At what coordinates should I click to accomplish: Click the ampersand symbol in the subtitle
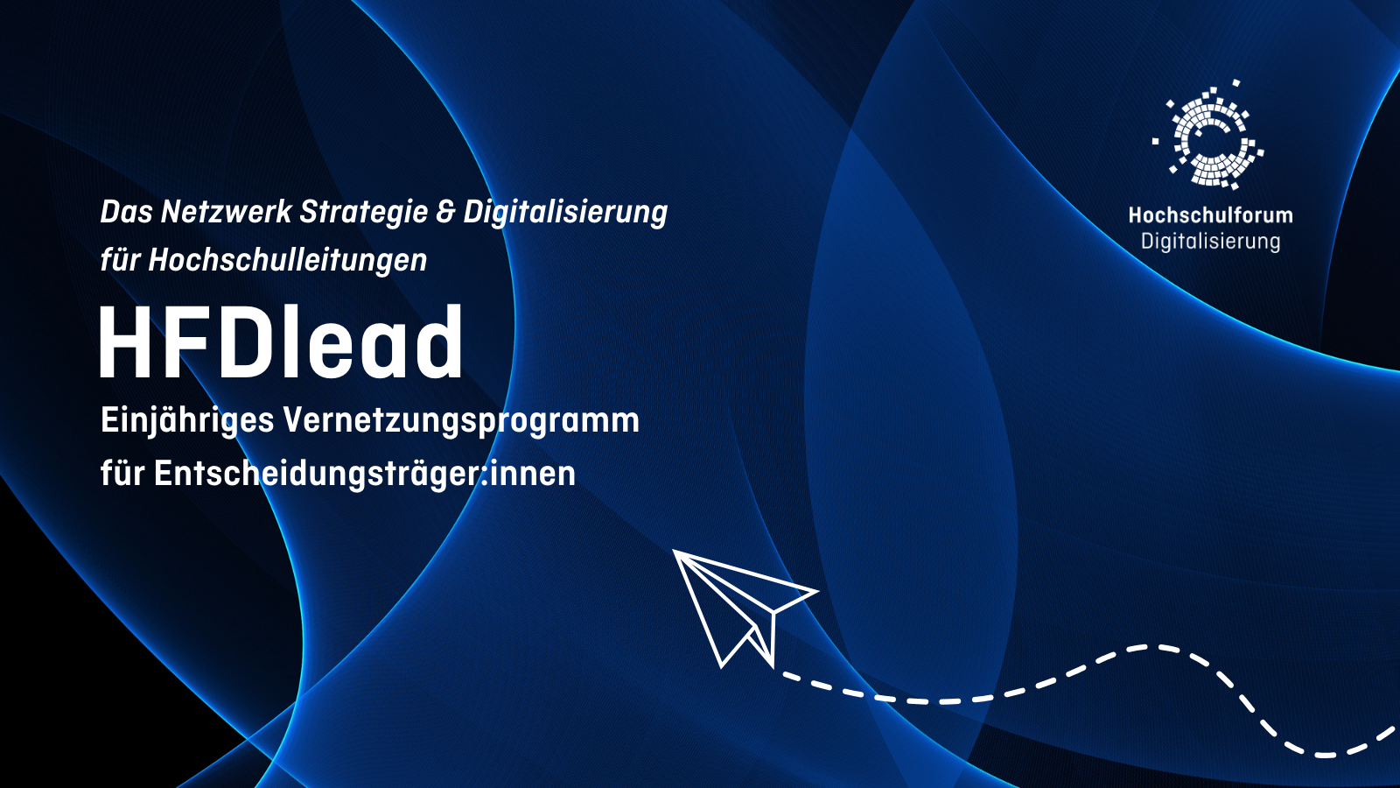pos(445,212)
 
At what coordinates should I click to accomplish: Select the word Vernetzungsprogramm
pos(460,421)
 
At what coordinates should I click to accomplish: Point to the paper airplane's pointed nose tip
pos(675,552)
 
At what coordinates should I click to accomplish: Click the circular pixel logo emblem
pos(1208,136)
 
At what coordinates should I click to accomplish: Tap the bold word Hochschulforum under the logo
pos(1210,215)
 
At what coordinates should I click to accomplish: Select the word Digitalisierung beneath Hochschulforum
pos(1210,242)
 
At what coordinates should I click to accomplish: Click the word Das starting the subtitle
pos(127,212)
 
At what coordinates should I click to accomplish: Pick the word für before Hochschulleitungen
pos(120,261)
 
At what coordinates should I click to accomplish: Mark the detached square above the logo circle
pos(1236,83)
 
